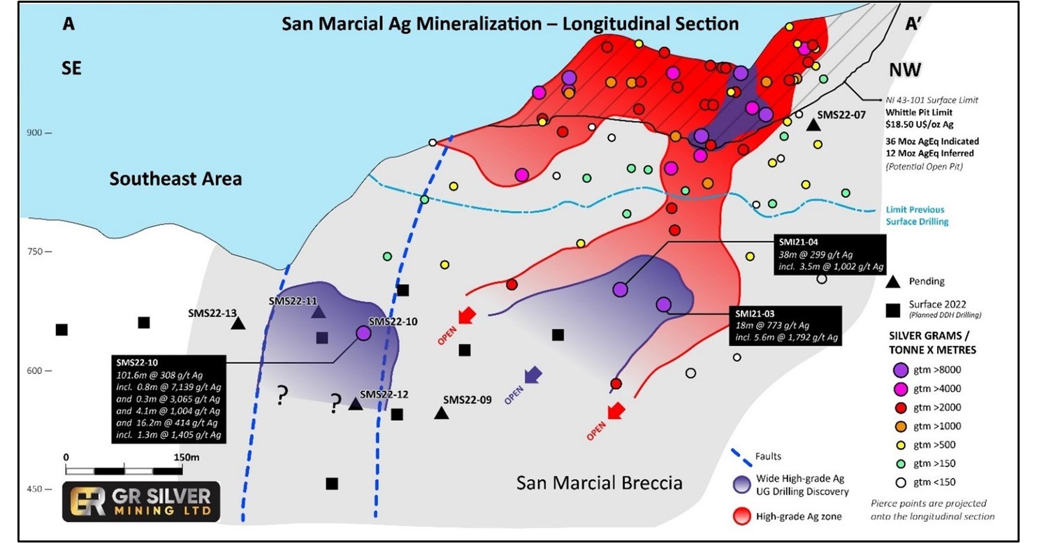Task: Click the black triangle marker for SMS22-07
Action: [x=813, y=125]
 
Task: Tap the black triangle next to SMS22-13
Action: [x=238, y=324]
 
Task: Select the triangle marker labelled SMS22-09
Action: [x=441, y=413]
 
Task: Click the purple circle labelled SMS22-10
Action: [x=363, y=333]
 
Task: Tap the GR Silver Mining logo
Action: [x=140, y=501]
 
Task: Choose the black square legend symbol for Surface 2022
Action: [x=892, y=307]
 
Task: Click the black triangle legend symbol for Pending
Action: [x=892, y=282]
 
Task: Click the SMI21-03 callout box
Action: [x=785, y=326]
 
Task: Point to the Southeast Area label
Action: [x=175, y=179]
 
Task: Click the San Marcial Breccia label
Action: [x=599, y=483]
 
